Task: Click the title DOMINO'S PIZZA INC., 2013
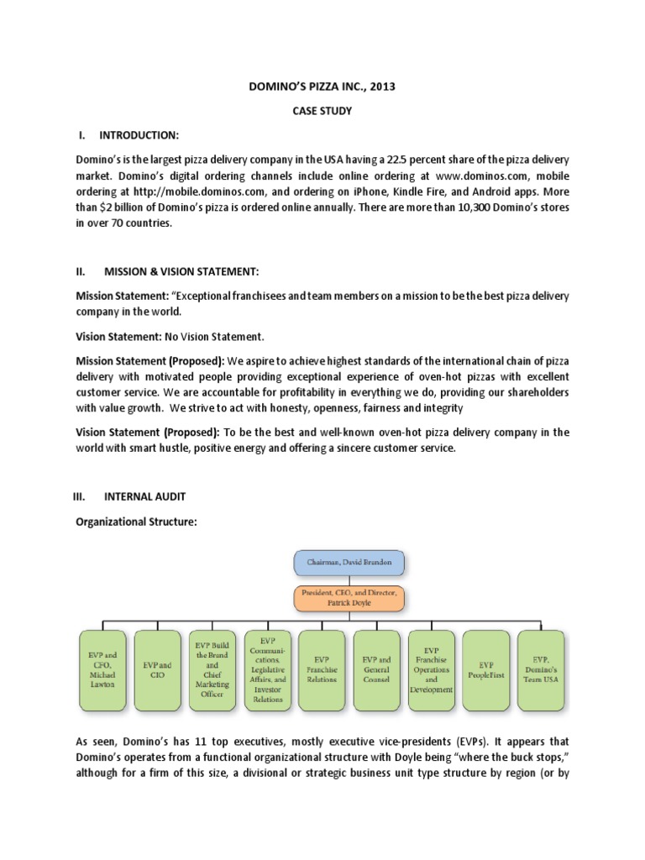(x=322, y=86)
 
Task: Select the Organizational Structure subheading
(x=136, y=522)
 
